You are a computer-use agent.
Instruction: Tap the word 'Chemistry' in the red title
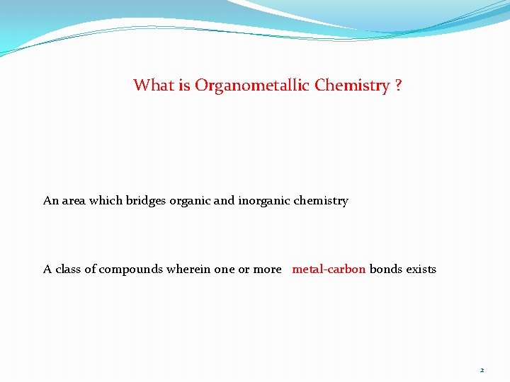pos(353,86)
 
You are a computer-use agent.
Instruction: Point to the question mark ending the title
pos(399,86)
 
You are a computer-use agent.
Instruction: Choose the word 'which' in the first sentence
pos(108,201)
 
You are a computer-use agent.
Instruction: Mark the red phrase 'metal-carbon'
pos(329,270)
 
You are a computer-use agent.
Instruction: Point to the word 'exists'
pos(421,270)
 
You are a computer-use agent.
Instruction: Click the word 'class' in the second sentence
pos(68,270)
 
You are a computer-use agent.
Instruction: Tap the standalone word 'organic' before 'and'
pos(190,201)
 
